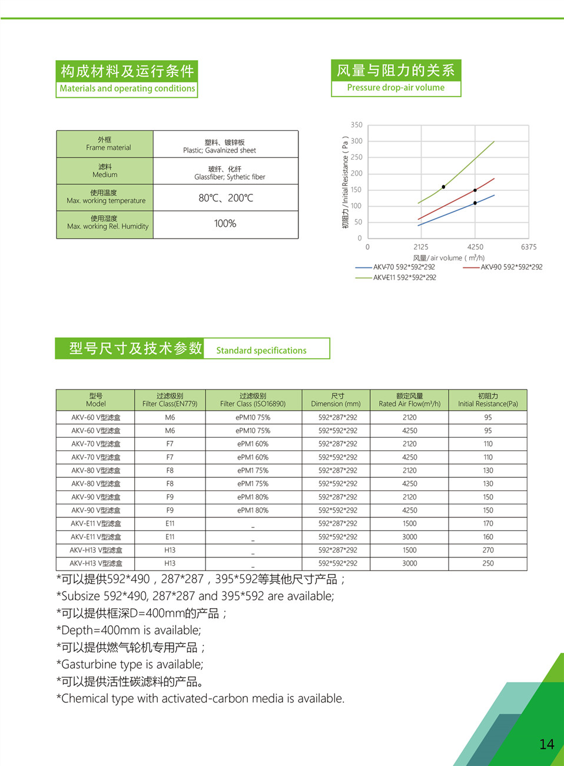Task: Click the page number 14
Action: point(546,744)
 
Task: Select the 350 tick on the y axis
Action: point(356,125)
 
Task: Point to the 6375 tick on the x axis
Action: point(528,247)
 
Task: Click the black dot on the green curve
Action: point(443,187)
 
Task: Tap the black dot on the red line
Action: point(475,190)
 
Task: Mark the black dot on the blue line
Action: point(475,203)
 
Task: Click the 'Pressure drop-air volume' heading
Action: point(396,88)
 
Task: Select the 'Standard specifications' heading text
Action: point(261,351)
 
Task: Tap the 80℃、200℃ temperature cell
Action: point(225,198)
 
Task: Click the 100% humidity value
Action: point(225,224)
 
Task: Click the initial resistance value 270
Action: point(487,550)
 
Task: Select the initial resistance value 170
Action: point(487,524)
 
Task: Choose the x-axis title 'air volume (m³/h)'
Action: point(449,258)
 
